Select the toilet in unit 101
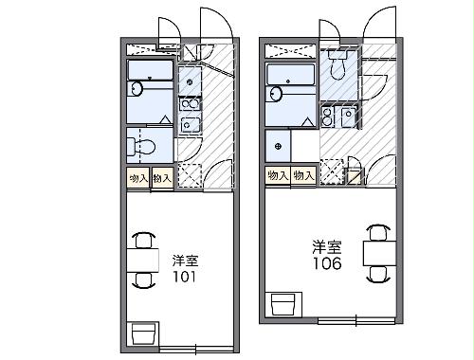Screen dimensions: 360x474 (143, 147)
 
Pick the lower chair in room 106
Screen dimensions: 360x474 (378, 273)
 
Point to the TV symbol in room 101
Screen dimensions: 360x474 (142, 333)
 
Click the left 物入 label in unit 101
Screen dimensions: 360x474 (137, 177)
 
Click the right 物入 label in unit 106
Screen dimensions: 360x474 (303, 175)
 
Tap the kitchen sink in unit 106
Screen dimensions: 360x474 (348, 117)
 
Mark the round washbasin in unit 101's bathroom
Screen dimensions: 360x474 (137, 90)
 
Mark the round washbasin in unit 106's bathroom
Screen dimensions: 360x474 (277, 94)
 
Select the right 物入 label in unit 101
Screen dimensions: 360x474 (161, 177)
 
